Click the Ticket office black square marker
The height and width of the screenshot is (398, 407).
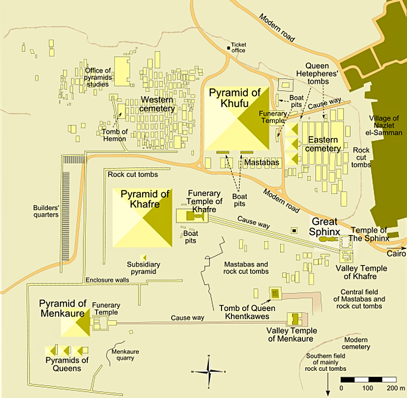[x=228, y=48]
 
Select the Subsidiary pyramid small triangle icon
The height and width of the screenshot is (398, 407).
[x=143, y=258]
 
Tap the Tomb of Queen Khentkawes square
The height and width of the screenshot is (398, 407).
[x=275, y=294]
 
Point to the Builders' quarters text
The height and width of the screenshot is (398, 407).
[x=46, y=211]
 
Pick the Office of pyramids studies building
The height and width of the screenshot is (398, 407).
[x=121, y=71]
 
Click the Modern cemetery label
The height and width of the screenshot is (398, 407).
[x=357, y=343]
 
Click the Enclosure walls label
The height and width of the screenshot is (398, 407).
[x=107, y=280]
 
